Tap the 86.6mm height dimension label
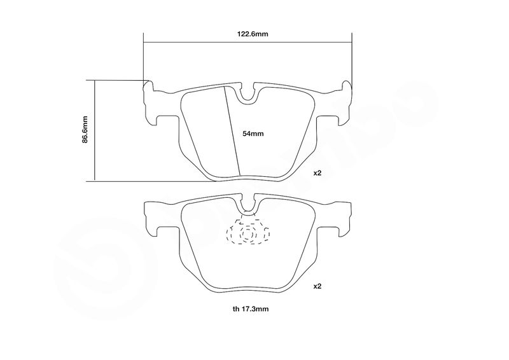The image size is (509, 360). pos(85,129)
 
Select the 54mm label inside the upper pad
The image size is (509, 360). pos(253,134)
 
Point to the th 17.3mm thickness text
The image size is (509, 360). pos(251,308)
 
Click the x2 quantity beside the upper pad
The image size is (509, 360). pos(317,173)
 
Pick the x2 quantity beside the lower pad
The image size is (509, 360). pos(317,286)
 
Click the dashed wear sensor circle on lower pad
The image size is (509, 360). pos(248,233)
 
